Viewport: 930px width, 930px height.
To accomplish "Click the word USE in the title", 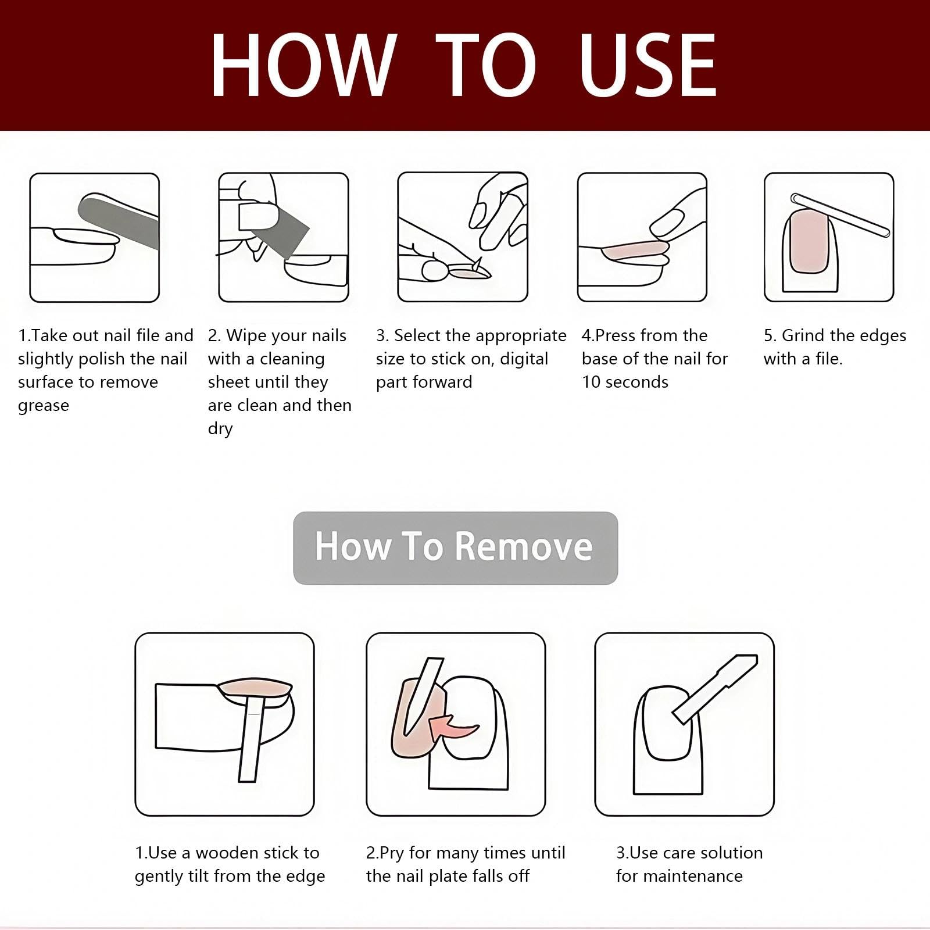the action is click(x=648, y=65).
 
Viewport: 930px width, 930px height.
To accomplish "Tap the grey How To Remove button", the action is click(x=455, y=548).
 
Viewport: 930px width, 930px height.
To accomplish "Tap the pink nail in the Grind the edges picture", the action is click(x=809, y=241).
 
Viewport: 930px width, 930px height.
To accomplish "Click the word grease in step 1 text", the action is click(x=44, y=406).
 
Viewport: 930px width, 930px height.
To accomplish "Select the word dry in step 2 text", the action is click(x=220, y=429).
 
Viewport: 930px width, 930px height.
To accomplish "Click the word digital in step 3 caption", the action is click(x=524, y=359).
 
